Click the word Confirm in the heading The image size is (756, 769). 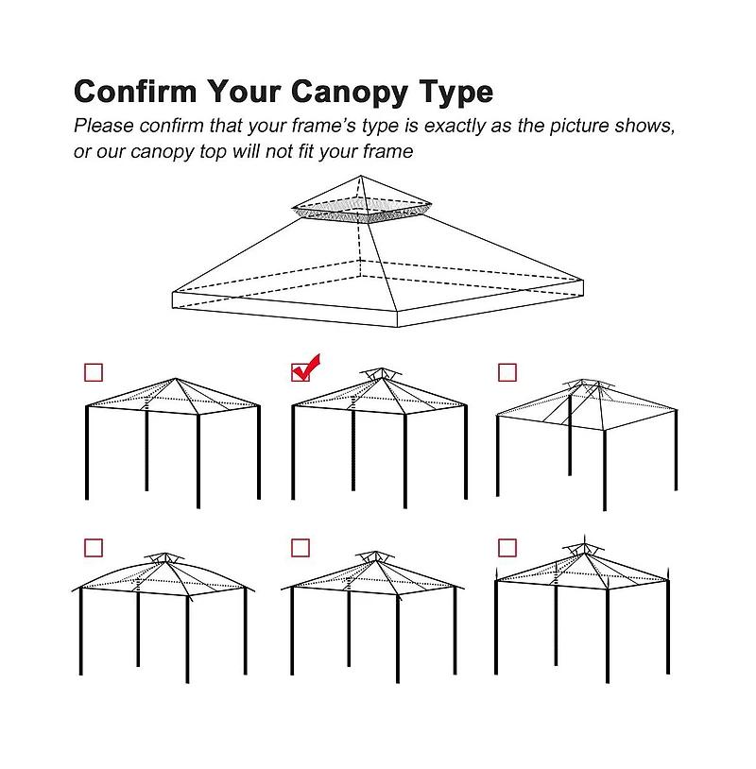point(136,92)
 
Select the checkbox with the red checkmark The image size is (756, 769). point(301,372)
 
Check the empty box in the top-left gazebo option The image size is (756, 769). point(94,372)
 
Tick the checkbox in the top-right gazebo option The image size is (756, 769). point(507,372)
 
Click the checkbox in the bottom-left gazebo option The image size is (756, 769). point(94,548)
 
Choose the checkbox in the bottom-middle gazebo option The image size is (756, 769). point(301,548)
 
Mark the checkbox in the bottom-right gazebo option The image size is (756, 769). point(507,548)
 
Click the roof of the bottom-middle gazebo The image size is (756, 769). point(373,577)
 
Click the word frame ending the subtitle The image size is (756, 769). point(387,152)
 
